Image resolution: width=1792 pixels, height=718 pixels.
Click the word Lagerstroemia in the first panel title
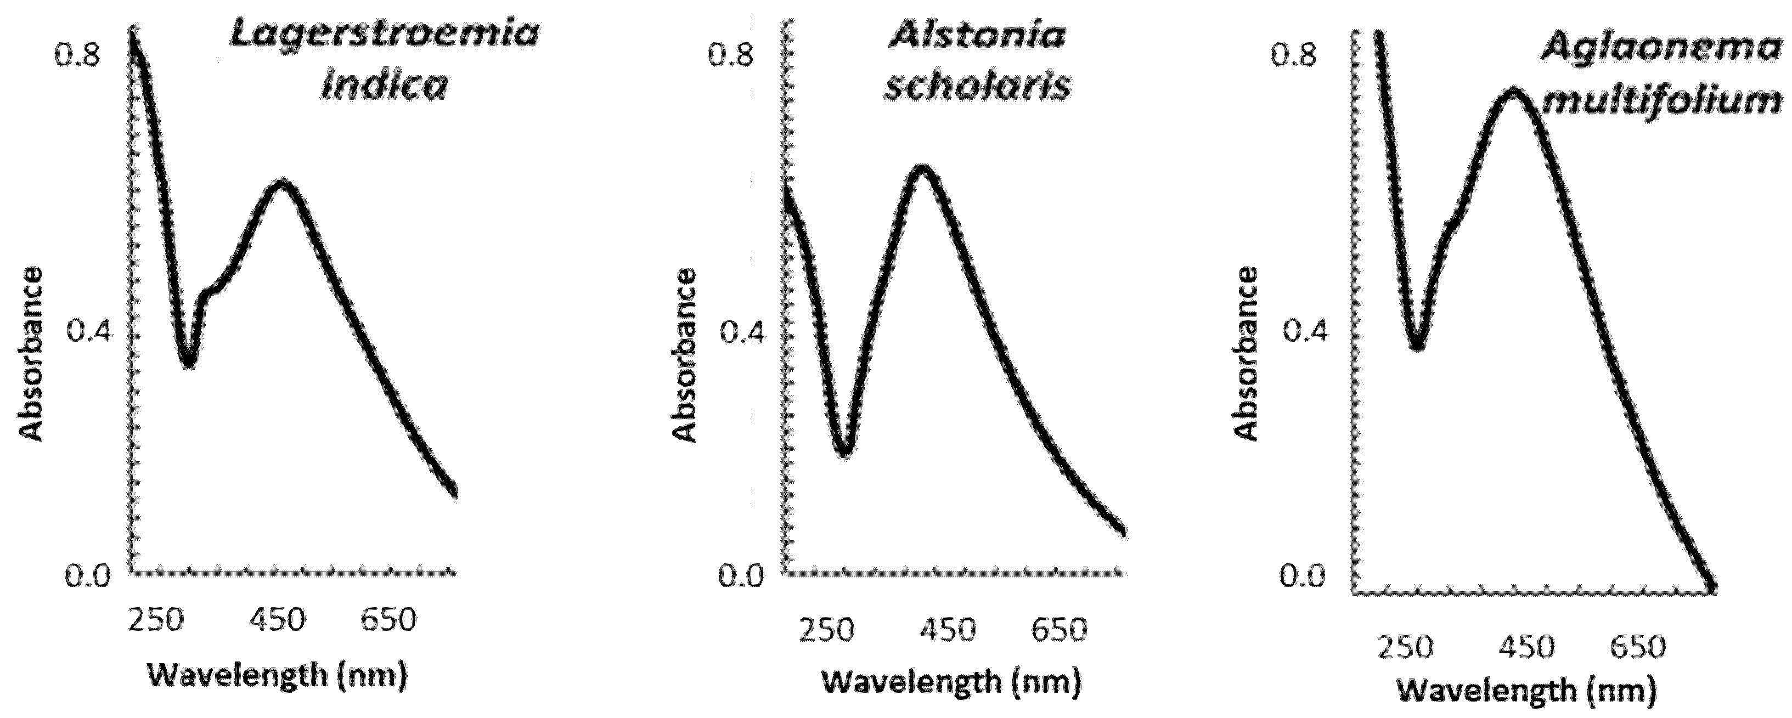(x=385, y=35)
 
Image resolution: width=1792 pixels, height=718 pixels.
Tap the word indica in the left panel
(x=385, y=86)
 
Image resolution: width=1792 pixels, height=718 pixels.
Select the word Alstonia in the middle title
(x=977, y=35)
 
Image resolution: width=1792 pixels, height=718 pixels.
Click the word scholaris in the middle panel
(x=977, y=87)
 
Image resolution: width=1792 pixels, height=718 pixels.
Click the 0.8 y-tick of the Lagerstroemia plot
(x=78, y=55)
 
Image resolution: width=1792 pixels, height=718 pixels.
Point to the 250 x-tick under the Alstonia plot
(x=826, y=630)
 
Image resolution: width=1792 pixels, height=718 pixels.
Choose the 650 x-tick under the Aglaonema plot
(x=1638, y=647)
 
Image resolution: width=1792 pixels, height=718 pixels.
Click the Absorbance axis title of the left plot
(x=31, y=355)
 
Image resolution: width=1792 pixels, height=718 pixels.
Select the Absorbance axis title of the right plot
(x=1247, y=355)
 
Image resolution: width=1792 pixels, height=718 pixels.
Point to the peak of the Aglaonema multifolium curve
(x=1514, y=93)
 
